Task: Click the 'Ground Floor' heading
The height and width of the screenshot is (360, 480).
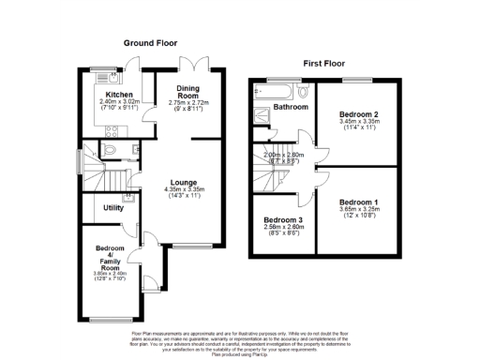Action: pos(153,43)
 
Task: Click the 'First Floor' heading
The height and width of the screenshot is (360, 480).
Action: pos(325,64)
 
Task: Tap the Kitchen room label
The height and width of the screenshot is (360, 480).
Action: pos(119,96)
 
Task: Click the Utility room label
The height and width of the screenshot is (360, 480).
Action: pos(114,207)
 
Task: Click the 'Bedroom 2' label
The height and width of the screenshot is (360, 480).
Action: pos(358,114)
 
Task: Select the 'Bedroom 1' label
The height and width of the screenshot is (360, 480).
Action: pos(358,202)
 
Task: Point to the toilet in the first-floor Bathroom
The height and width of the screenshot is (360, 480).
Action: pos(302,91)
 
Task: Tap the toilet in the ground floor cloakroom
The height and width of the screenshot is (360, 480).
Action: pos(110,150)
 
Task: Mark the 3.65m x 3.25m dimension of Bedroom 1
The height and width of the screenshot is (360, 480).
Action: pos(358,212)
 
